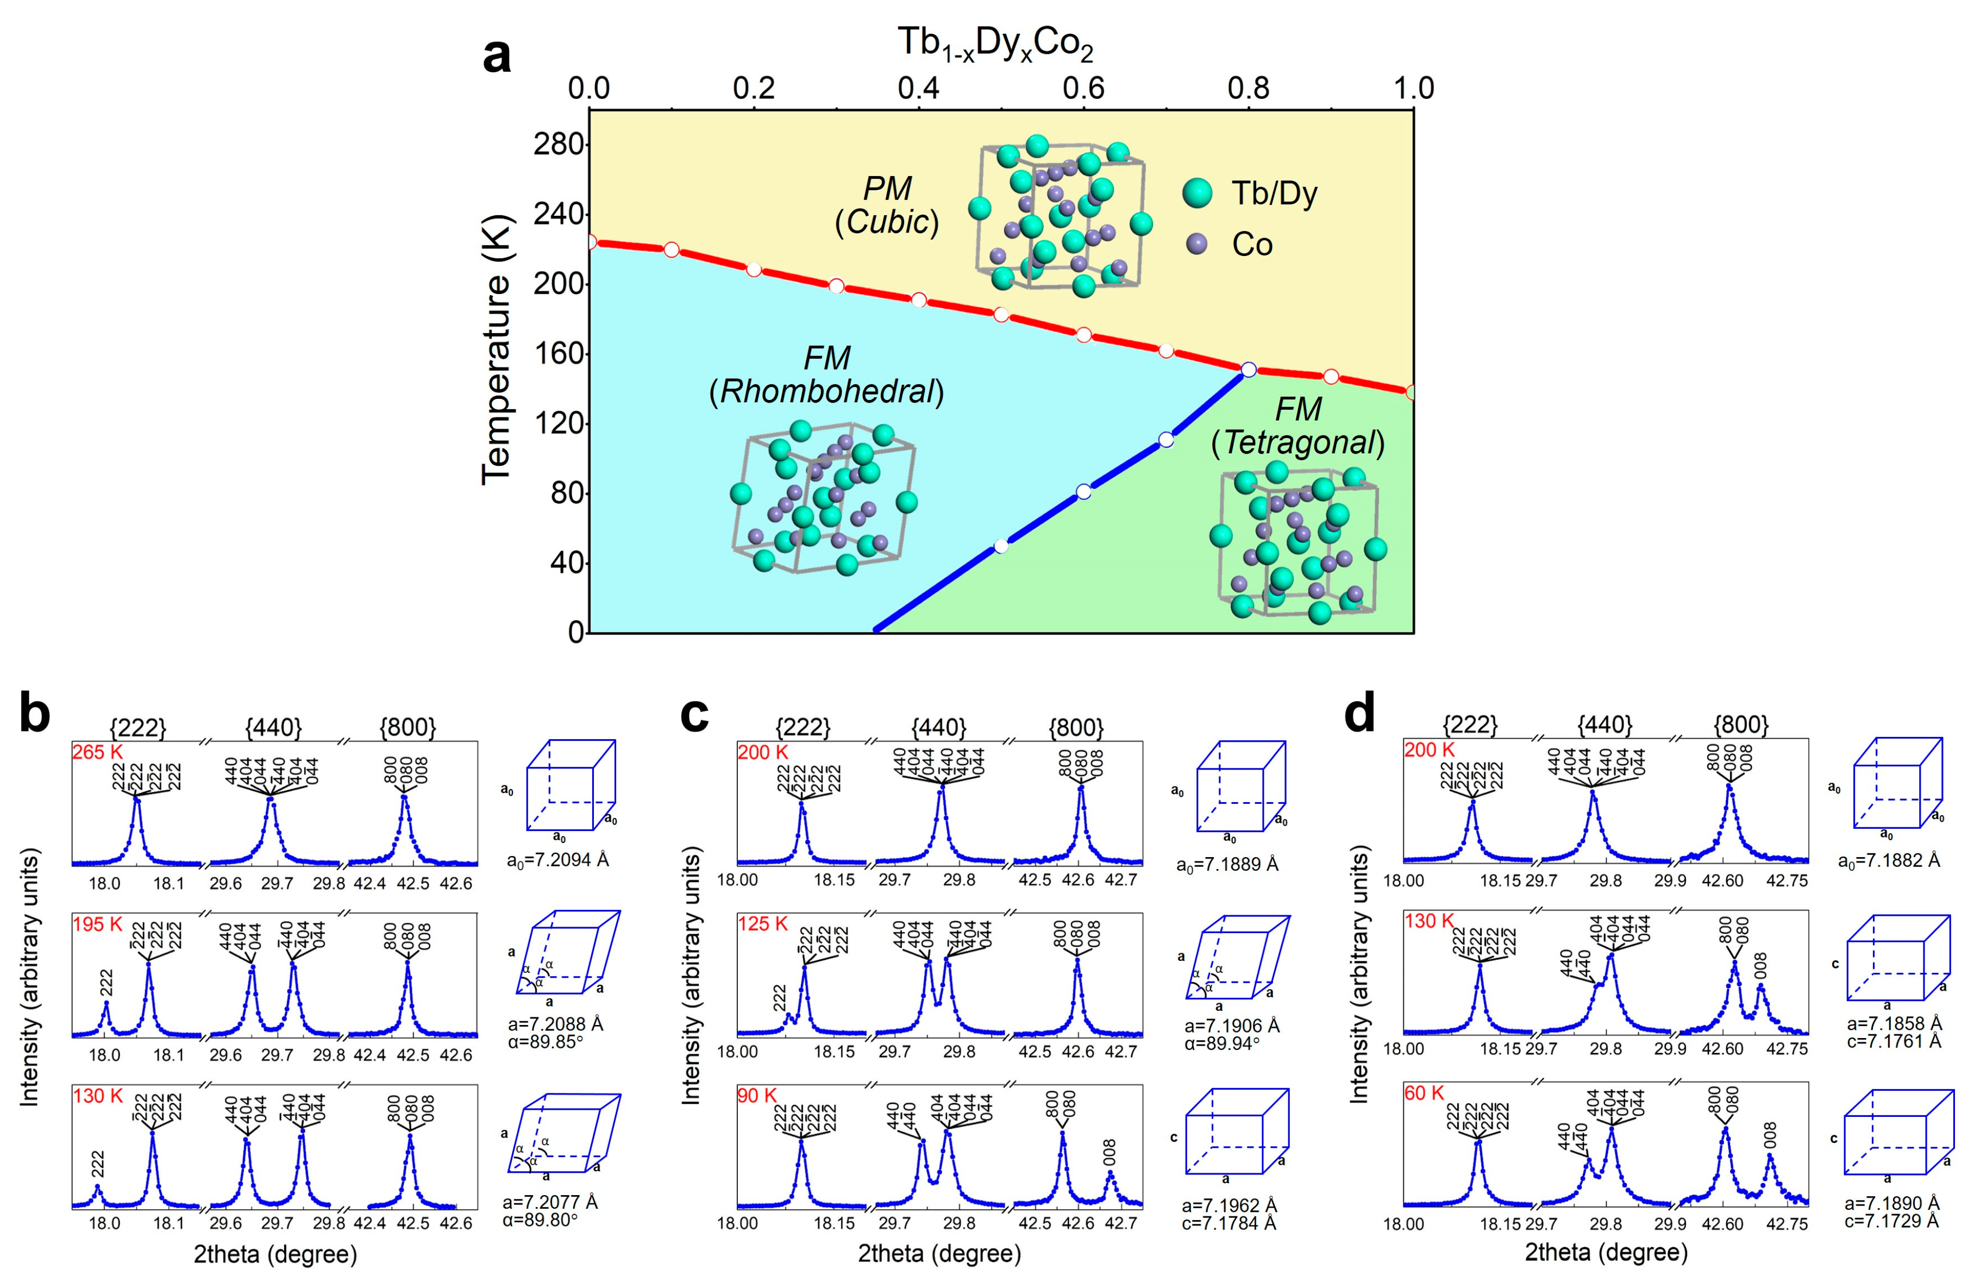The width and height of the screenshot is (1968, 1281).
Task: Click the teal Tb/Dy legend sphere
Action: point(1196,193)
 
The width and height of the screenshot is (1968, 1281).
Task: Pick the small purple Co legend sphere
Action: point(1196,243)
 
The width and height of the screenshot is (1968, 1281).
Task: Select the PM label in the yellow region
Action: point(887,189)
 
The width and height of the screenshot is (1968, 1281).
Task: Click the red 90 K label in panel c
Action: point(756,1096)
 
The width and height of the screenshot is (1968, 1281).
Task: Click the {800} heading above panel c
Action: point(1075,728)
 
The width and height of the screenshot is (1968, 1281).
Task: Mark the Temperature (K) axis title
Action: point(496,350)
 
